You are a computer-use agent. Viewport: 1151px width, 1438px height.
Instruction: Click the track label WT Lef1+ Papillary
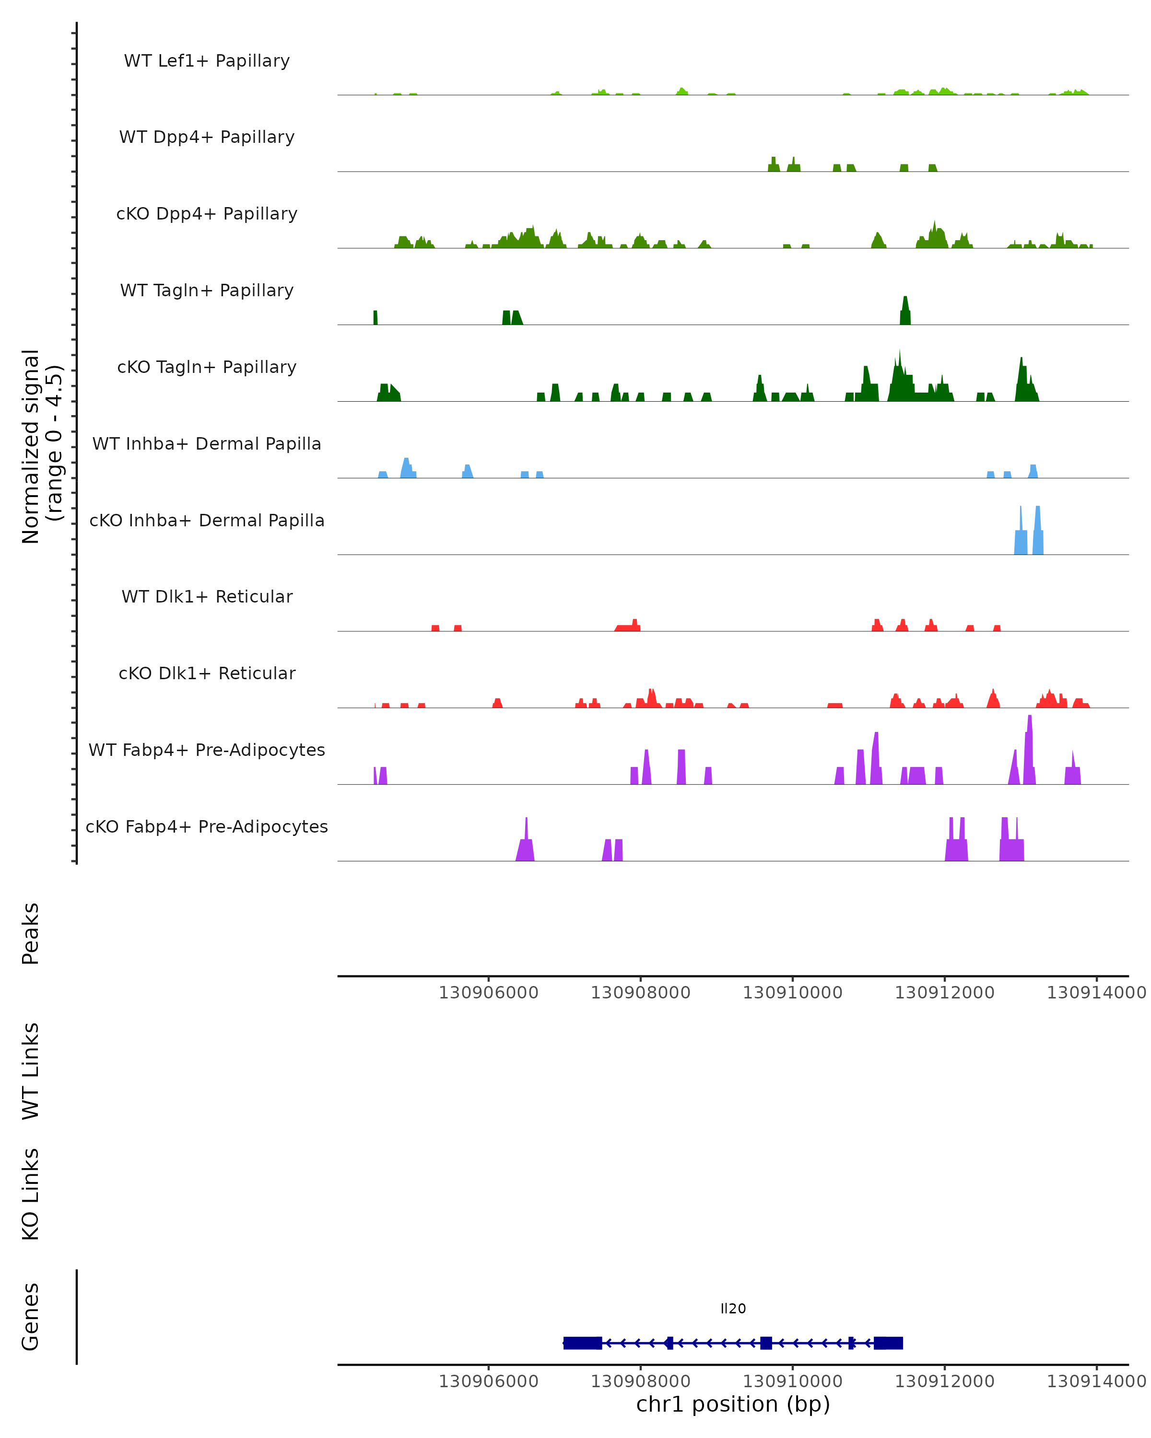point(207,61)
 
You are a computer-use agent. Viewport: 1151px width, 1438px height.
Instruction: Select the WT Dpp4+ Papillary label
point(207,138)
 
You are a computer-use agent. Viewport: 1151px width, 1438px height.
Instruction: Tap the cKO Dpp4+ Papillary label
point(207,214)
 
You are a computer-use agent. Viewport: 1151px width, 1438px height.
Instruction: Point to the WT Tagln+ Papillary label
point(207,291)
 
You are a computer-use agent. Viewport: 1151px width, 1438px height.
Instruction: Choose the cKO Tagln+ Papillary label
point(207,368)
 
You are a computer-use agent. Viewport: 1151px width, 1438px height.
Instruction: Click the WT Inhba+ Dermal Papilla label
point(207,444)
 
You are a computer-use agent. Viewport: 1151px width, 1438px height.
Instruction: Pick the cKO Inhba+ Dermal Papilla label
point(207,521)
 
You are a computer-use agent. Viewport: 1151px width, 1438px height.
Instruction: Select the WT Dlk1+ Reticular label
point(207,597)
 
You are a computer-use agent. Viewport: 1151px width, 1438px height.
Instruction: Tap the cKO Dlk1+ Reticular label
point(207,673)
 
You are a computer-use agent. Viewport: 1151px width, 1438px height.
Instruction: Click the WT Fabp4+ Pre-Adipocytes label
point(207,750)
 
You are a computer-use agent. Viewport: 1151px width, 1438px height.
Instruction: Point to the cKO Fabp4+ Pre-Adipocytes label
point(207,827)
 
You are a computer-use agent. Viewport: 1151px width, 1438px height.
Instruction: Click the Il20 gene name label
point(733,1309)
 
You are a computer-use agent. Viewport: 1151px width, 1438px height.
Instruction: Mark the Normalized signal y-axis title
point(41,446)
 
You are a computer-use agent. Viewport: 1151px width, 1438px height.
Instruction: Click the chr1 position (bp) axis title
point(733,1404)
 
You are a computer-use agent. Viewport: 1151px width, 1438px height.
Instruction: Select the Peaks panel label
point(31,934)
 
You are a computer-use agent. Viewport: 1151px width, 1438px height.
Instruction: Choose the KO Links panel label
point(31,1194)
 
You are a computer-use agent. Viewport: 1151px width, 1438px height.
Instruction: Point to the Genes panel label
point(31,1317)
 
